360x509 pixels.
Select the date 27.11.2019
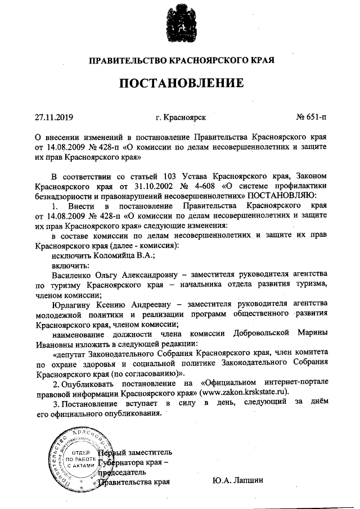click(54, 118)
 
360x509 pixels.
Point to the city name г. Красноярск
click(181, 118)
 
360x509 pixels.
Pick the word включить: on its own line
click(67, 265)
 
